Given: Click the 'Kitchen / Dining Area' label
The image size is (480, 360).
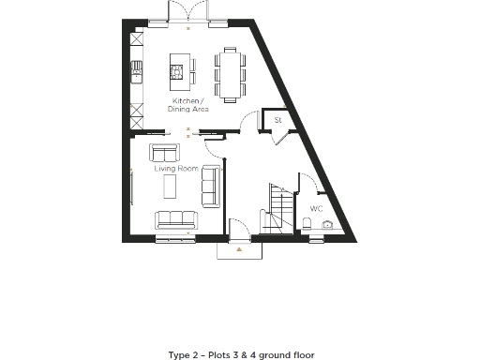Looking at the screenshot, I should pos(187,104).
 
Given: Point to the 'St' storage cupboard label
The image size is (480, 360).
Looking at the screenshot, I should pos(277,121).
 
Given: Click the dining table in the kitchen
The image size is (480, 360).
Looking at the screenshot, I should pos(230,72).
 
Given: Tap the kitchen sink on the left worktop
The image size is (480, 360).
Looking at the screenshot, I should pos(137,68).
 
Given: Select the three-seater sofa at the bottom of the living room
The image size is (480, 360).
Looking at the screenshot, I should pos(176,219).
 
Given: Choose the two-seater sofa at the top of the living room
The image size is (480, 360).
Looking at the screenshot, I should pos(166,153).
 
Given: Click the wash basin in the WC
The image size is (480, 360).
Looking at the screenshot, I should pos(329,226).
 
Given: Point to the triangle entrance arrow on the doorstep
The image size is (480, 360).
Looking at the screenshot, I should pos(241,249).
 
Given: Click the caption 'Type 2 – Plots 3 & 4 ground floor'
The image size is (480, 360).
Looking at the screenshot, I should pos(241,354).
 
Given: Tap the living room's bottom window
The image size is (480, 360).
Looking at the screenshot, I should pos(176,239).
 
